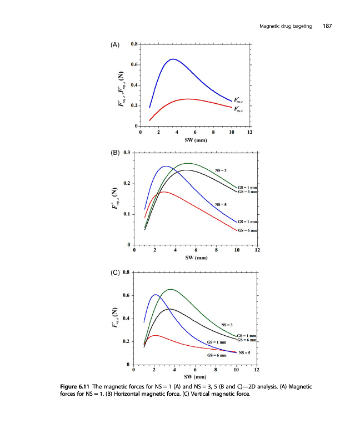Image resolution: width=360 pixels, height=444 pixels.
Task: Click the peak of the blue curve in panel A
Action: click(173, 59)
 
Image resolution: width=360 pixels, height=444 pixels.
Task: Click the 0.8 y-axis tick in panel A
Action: click(134, 44)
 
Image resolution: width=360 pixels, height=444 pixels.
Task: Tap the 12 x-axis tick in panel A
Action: click(250, 132)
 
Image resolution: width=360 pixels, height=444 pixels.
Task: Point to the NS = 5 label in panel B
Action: click(221, 205)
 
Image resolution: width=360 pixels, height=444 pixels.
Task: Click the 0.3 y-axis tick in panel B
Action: click(127, 153)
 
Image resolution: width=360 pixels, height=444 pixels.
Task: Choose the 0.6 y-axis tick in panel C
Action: click(127, 295)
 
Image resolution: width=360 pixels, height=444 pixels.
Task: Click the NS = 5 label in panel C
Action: click(244, 353)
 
